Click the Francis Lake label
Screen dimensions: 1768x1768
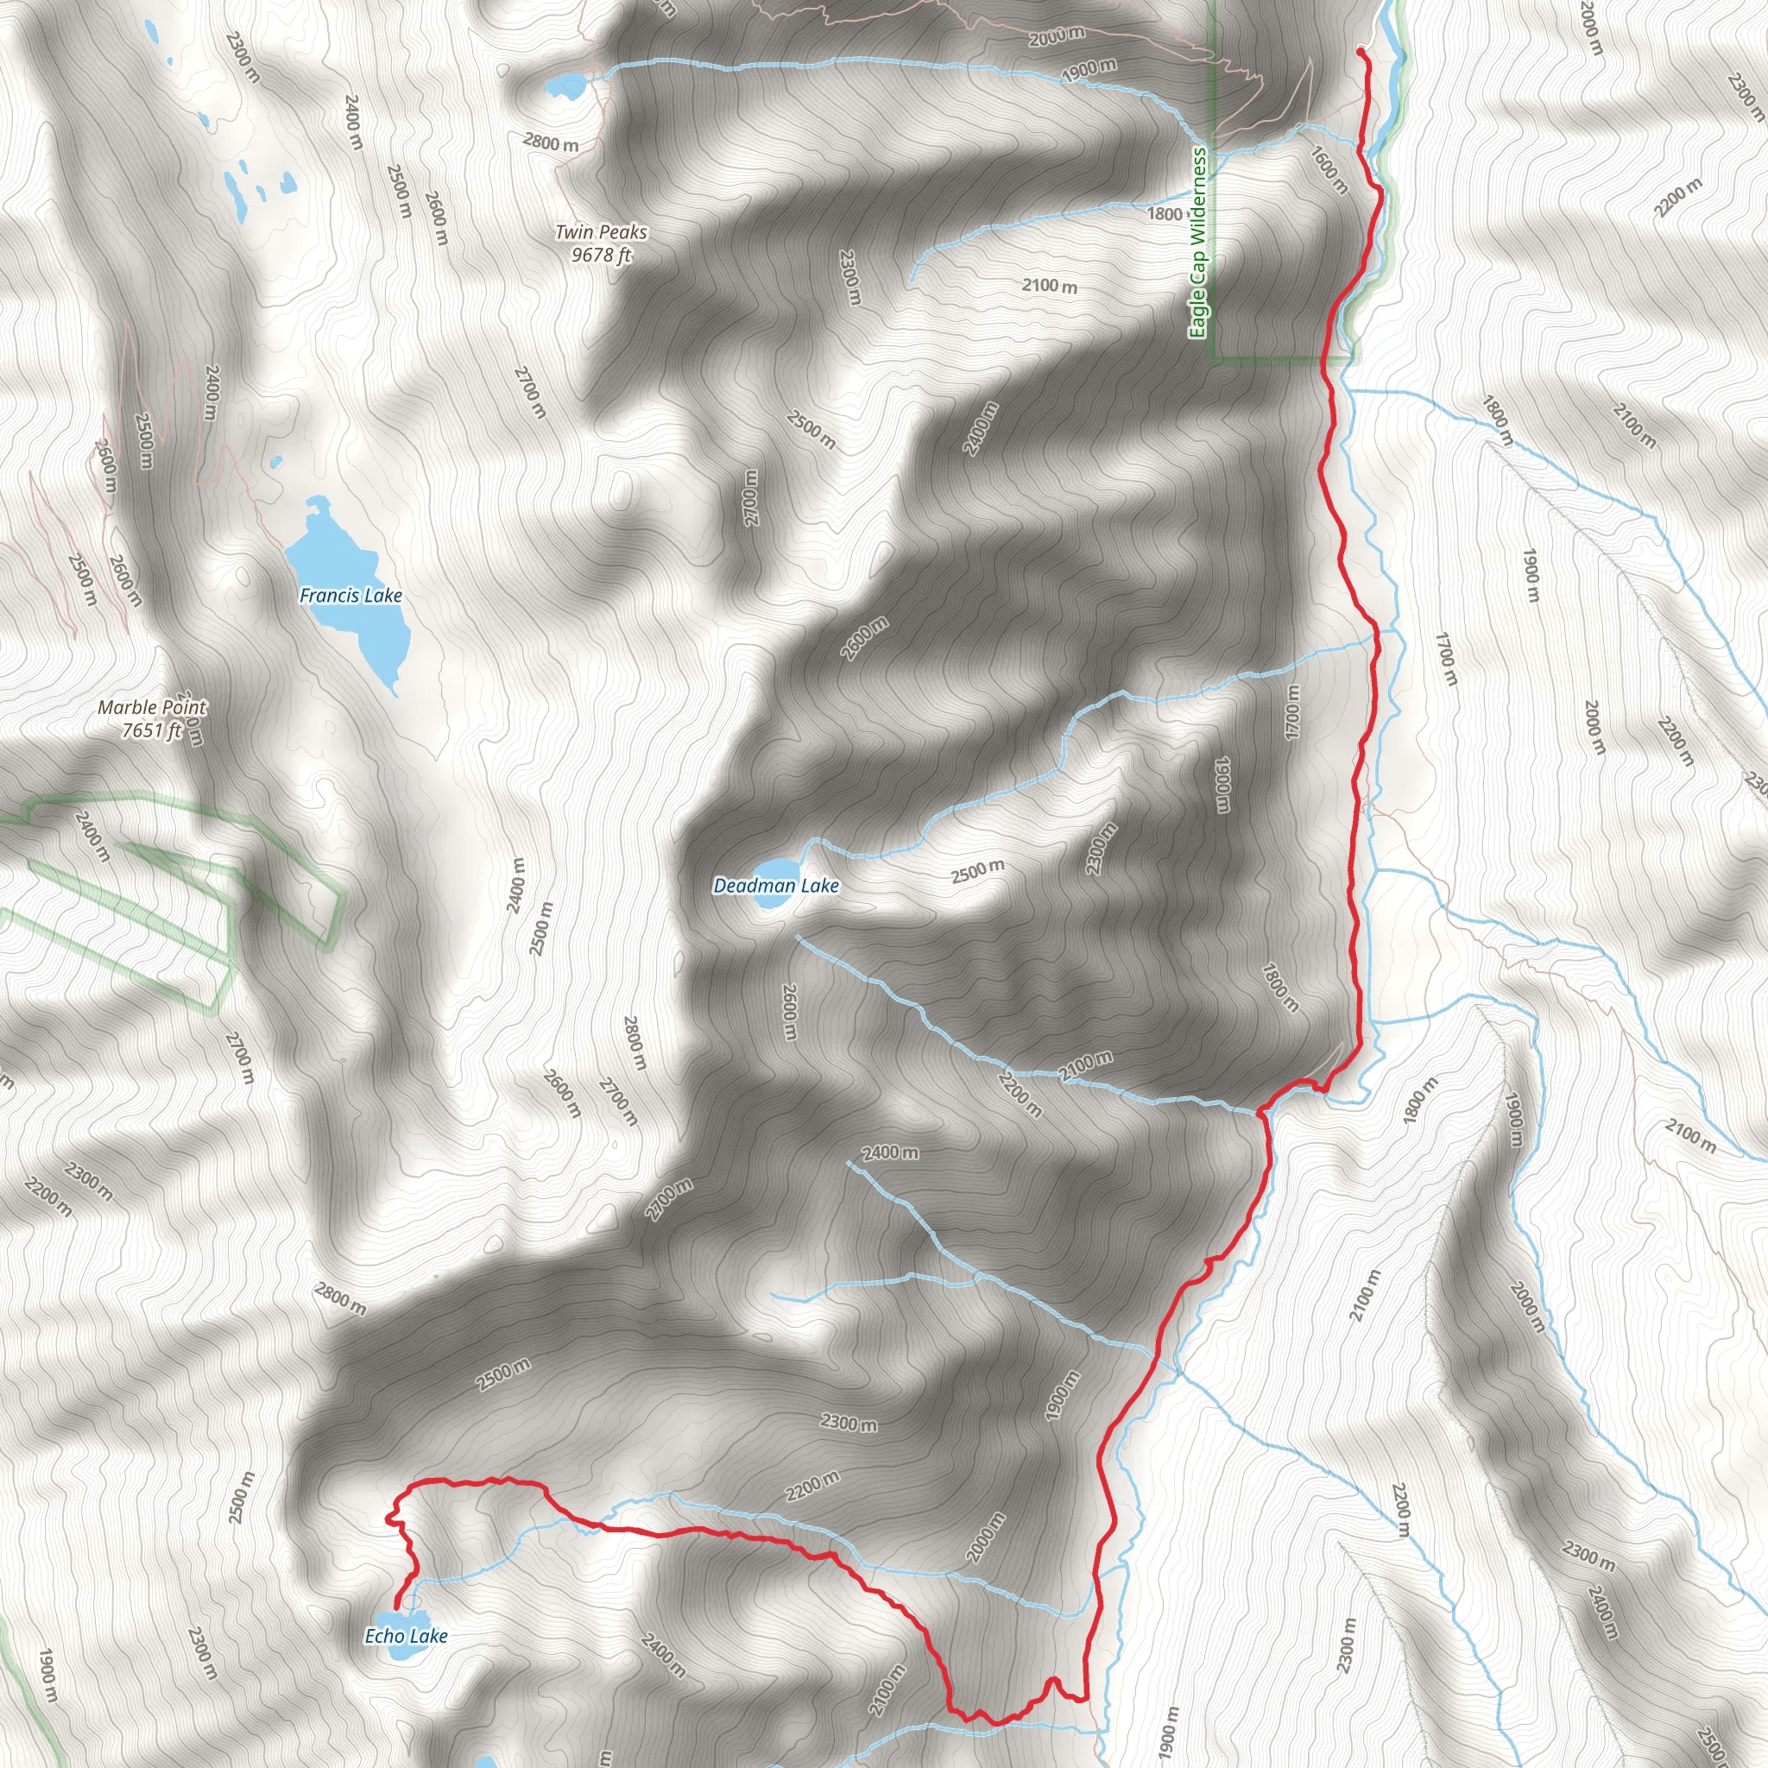350,596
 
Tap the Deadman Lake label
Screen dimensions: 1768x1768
776,886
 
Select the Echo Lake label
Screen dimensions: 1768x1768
407,1635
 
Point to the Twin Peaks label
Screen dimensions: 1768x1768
601,232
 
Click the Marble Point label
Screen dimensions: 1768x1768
152,707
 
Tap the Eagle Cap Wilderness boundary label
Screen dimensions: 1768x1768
1198,243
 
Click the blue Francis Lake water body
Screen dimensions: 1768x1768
344,585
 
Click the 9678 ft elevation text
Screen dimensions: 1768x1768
601,256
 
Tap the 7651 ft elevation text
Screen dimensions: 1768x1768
152,730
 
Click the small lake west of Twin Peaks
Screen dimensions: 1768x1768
565,88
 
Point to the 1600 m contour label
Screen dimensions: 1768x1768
1329,169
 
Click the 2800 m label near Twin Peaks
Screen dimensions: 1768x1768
551,143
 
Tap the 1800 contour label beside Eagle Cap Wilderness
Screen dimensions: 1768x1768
1165,214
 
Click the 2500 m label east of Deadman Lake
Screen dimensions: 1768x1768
977,871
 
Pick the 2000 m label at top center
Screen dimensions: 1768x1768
1056,37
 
